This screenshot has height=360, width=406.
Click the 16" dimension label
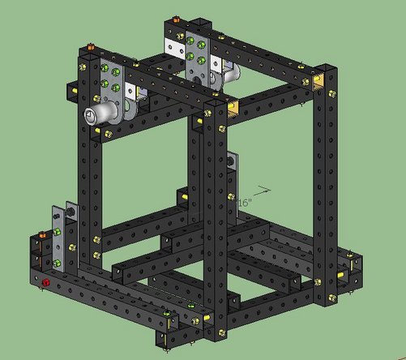[245, 200]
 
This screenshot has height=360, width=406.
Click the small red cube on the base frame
[46, 282]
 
